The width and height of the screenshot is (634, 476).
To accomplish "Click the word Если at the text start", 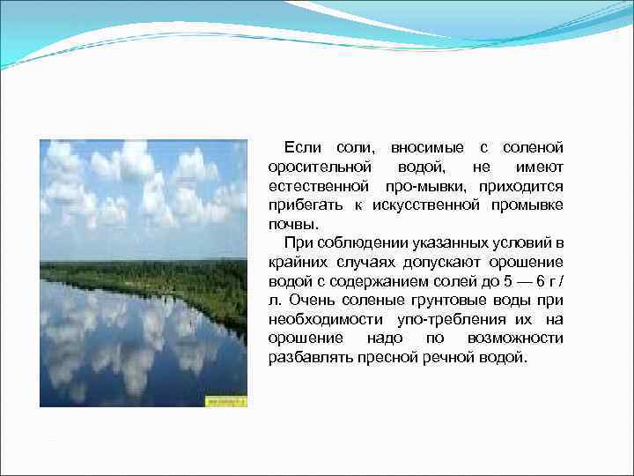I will click(302, 147).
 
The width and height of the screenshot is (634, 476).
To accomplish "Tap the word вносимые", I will click(426, 147).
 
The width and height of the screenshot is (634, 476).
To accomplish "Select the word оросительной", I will click(321, 167).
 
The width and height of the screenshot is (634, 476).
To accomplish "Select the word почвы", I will click(292, 224).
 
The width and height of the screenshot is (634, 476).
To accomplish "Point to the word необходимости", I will click(325, 320).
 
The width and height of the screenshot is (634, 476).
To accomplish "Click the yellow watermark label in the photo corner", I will click(226, 401).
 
